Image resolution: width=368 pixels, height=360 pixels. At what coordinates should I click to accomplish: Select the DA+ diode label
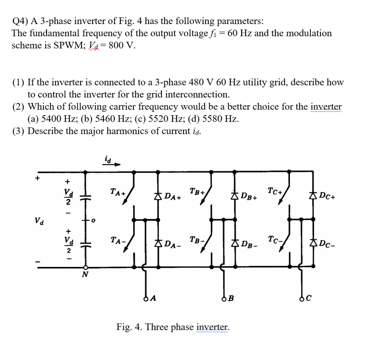coord(173,196)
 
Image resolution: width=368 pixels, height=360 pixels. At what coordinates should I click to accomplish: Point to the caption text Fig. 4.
coord(128,327)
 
